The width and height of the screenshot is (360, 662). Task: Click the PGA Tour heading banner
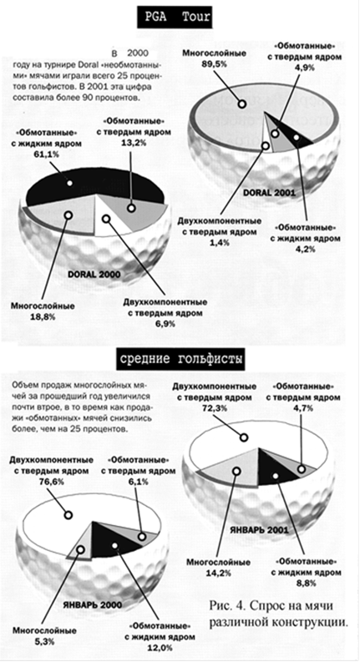[x=175, y=18]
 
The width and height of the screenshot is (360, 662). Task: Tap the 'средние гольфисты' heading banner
[x=181, y=360]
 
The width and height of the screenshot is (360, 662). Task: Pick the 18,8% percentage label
[x=43, y=317]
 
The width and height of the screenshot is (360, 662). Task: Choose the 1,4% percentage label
[x=221, y=242]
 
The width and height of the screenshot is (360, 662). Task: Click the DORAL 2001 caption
[x=269, y=193]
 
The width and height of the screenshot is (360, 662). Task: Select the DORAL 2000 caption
[x=94, y=275]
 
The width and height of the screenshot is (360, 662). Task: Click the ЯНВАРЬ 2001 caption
[x=259, y=529]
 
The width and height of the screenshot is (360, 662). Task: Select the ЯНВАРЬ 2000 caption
[x=92, y=604]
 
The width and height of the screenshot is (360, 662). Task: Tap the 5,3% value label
[x=44, y=642]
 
